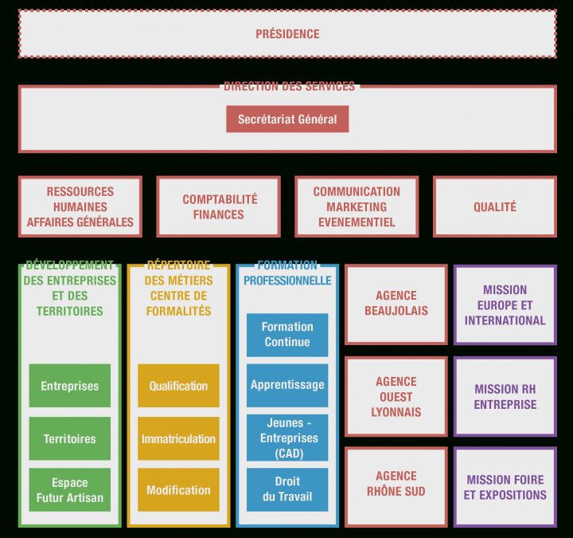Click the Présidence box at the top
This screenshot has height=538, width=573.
[x=287, y=34]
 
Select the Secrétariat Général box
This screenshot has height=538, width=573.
[x=287, y=120]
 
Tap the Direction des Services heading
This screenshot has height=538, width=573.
[x=289, y=86]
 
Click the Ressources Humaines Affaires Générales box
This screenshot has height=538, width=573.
[x=80, y=206]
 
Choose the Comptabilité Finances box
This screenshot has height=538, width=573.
[x=219, y=206]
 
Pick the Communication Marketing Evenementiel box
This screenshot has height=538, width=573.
[x=357, y=206]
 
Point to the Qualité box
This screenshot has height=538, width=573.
[x=494, y=206]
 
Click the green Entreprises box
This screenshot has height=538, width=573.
[x=70, y=386]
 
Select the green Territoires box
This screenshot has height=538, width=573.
[x=70, y=438]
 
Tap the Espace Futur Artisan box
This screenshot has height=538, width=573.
[x=70, y=490]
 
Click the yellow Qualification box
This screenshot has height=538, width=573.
[x=178, y=386]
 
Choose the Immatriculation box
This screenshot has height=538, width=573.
[x=178, y=438]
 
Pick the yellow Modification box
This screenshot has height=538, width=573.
[x=178, y=490]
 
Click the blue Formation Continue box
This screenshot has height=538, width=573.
[x=287, y=334]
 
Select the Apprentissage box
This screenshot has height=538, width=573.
[x=287, y=385]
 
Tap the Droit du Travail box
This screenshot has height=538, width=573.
[x=287, y=489]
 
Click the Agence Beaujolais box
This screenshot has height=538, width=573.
[x=396, y=304]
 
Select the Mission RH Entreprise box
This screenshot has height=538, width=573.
[x=505, y=396]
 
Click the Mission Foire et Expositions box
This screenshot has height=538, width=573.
[x=505, y=487]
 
